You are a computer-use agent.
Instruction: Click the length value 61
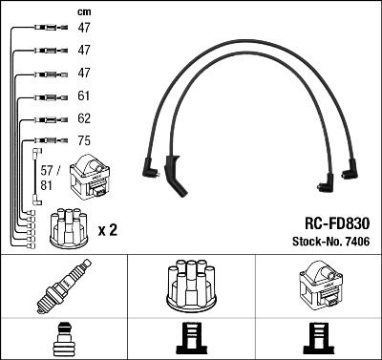tap(83, 96)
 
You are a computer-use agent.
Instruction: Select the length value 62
tap(83, 119)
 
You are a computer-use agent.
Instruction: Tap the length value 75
tap(83, 140)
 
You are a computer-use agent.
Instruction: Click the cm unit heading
tap(84, 11)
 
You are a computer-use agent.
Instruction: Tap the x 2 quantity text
tap(108, 230)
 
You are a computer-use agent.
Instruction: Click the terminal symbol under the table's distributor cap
tap(190, 340)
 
